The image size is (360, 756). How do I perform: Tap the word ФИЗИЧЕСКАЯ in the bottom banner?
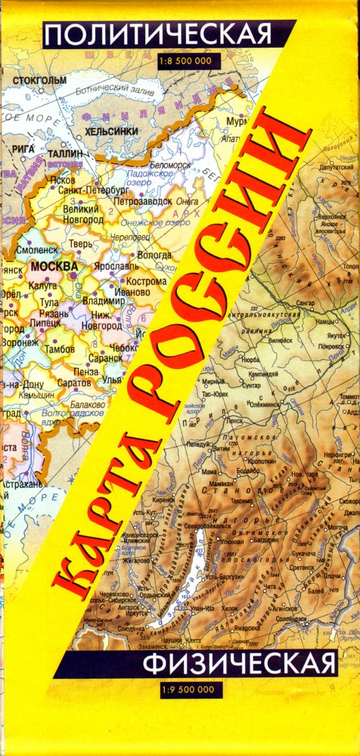(x=239, y=665)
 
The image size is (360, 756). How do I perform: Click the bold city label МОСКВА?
(x=54, y=267)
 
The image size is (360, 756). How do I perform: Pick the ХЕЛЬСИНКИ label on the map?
(x=111, y=132)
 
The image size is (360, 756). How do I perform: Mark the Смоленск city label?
(x=35, y=249)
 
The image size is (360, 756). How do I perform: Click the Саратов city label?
(x=73, y=383)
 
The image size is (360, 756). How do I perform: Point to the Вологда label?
(x=155, y=255)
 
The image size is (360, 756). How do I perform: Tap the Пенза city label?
(x=85, y=371)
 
